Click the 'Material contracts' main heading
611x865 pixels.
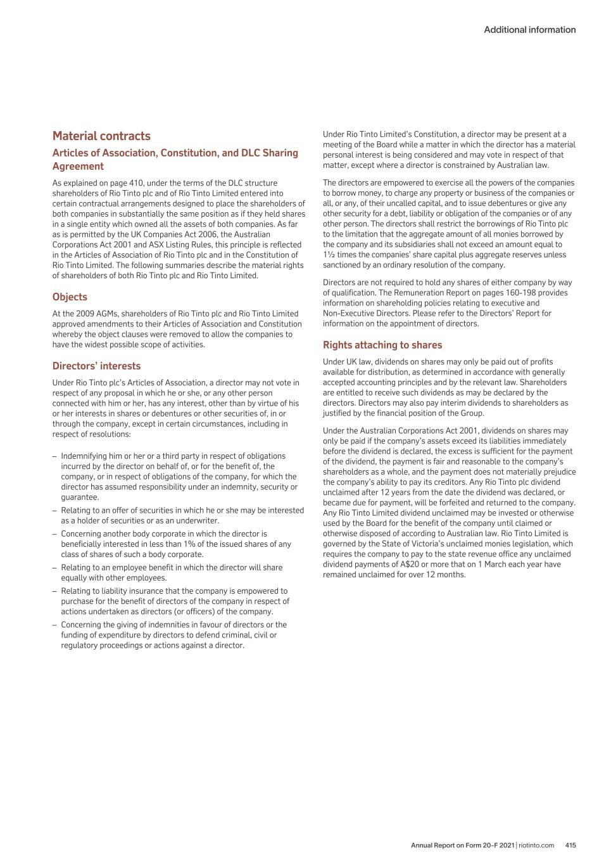tap(101, 136)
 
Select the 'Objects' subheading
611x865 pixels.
tap(70, 297)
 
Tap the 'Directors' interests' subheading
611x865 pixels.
tap(96, 366)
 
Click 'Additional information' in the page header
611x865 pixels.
tap(529, 30)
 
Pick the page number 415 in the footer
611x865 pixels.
tap(570, 845)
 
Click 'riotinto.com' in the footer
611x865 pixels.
tap(536, 845)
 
